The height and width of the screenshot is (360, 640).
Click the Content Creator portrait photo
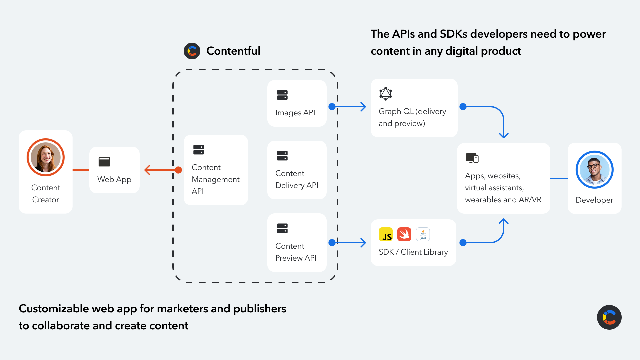[46, 157]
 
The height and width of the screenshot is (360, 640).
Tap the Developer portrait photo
[594, 170]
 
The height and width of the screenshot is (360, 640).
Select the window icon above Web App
[104, 162]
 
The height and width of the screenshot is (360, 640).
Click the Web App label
[114, 179]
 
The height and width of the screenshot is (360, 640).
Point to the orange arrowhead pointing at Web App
[147, 170]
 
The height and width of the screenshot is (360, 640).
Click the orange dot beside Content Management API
[178, 170]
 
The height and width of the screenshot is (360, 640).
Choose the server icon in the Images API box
[282, 95]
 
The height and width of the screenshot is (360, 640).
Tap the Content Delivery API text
[297, 179]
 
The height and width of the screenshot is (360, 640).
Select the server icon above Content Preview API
[282, 228]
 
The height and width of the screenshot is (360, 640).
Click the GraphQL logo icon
[386, 94]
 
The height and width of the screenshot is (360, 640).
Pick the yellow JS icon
[386, 234]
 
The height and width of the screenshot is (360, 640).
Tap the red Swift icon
[404, 234]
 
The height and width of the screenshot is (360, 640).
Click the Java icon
[423, 234]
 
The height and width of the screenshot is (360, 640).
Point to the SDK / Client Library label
[413, 252]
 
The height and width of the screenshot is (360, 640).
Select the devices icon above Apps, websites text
[472, 158]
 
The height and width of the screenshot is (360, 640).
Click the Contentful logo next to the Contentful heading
[192, 51]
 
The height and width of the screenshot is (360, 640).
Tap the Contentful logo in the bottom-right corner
[609, 317]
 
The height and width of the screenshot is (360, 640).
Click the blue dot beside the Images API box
[332, 107]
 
